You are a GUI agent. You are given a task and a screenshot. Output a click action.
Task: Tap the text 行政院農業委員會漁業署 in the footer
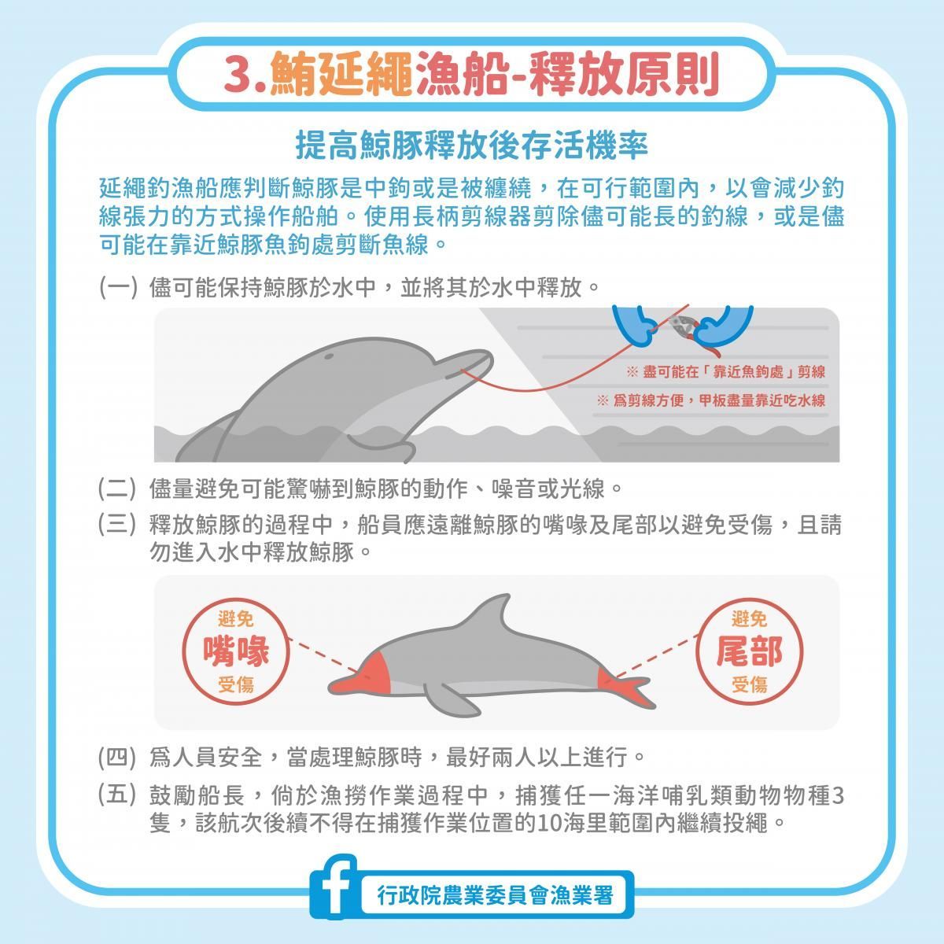tap(495, 895)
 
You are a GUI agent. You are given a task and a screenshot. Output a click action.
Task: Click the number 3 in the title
tap(240, 75)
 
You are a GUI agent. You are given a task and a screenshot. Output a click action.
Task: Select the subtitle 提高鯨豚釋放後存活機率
tap(472, 145)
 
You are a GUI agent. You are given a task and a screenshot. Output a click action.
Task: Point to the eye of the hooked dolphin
tap(329, 356)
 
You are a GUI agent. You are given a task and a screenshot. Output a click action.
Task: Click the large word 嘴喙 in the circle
tap(236, 651)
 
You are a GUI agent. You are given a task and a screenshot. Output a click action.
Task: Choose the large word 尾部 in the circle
tap(749, 651)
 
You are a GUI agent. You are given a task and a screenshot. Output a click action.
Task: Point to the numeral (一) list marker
tap(117, 288)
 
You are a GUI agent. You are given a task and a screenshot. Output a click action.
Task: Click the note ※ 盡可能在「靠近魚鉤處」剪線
tap(726, 372)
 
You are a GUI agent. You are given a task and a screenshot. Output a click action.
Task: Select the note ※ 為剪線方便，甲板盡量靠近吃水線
tap(711, 400)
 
